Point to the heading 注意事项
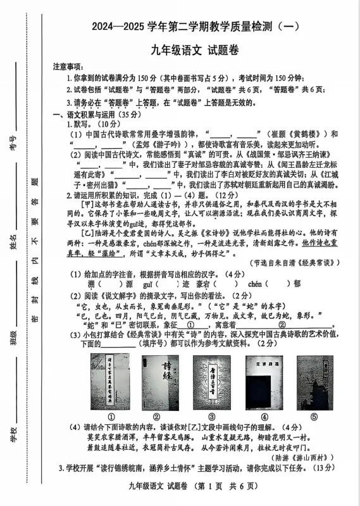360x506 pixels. (67, 66)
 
